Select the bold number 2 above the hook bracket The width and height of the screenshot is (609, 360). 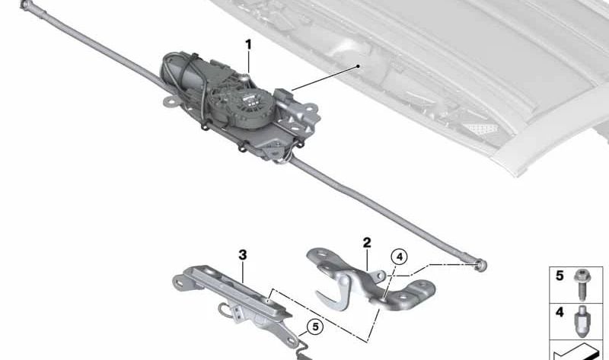pyautogui.click(x=367, y=243)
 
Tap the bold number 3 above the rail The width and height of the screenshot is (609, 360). pyautogui.click(x=243, y=255)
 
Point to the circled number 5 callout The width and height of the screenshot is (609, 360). pyautogui.click(x=313, y=328)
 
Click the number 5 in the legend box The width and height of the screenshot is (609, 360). pyautogui.click(x=559, y=276)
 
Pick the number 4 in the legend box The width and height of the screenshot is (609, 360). pyautogui.click(x=559, y=312)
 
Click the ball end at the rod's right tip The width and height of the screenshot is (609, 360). pyautogui.click(x=481, y=265)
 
